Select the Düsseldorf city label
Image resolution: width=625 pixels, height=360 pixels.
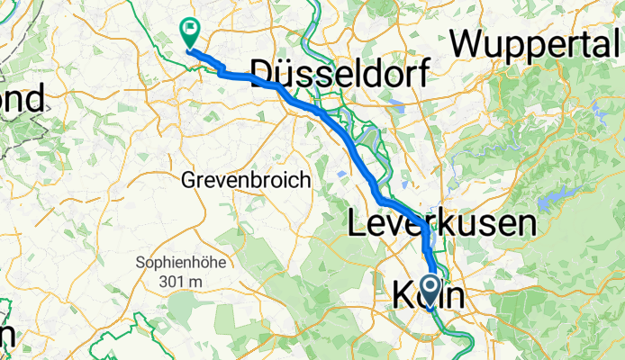point(340,71)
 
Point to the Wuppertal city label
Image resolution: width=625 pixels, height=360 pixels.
point(537,41)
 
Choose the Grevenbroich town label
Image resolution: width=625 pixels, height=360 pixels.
point(246,180)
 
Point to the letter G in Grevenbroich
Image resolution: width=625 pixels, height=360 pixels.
point(188,180)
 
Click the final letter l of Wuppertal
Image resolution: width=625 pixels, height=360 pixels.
point(617,41)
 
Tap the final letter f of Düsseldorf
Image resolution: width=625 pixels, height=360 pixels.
point(421,71)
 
